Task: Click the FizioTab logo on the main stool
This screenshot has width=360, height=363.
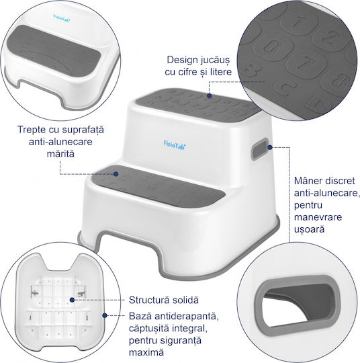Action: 175,145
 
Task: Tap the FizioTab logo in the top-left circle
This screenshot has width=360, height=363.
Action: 62,18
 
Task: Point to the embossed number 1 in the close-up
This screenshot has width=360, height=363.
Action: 298,22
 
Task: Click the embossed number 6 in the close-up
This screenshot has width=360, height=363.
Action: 273,47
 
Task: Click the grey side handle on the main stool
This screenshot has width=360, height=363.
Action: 260,149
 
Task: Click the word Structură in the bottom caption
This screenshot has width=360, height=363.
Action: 148,300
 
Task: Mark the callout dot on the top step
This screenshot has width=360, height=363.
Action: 209,95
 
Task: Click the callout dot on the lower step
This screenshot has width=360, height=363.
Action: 116,174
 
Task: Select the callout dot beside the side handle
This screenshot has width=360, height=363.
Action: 270,147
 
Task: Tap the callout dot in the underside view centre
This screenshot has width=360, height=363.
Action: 72,300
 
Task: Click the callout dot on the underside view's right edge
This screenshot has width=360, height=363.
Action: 105,315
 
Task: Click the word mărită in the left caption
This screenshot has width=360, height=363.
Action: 60,154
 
